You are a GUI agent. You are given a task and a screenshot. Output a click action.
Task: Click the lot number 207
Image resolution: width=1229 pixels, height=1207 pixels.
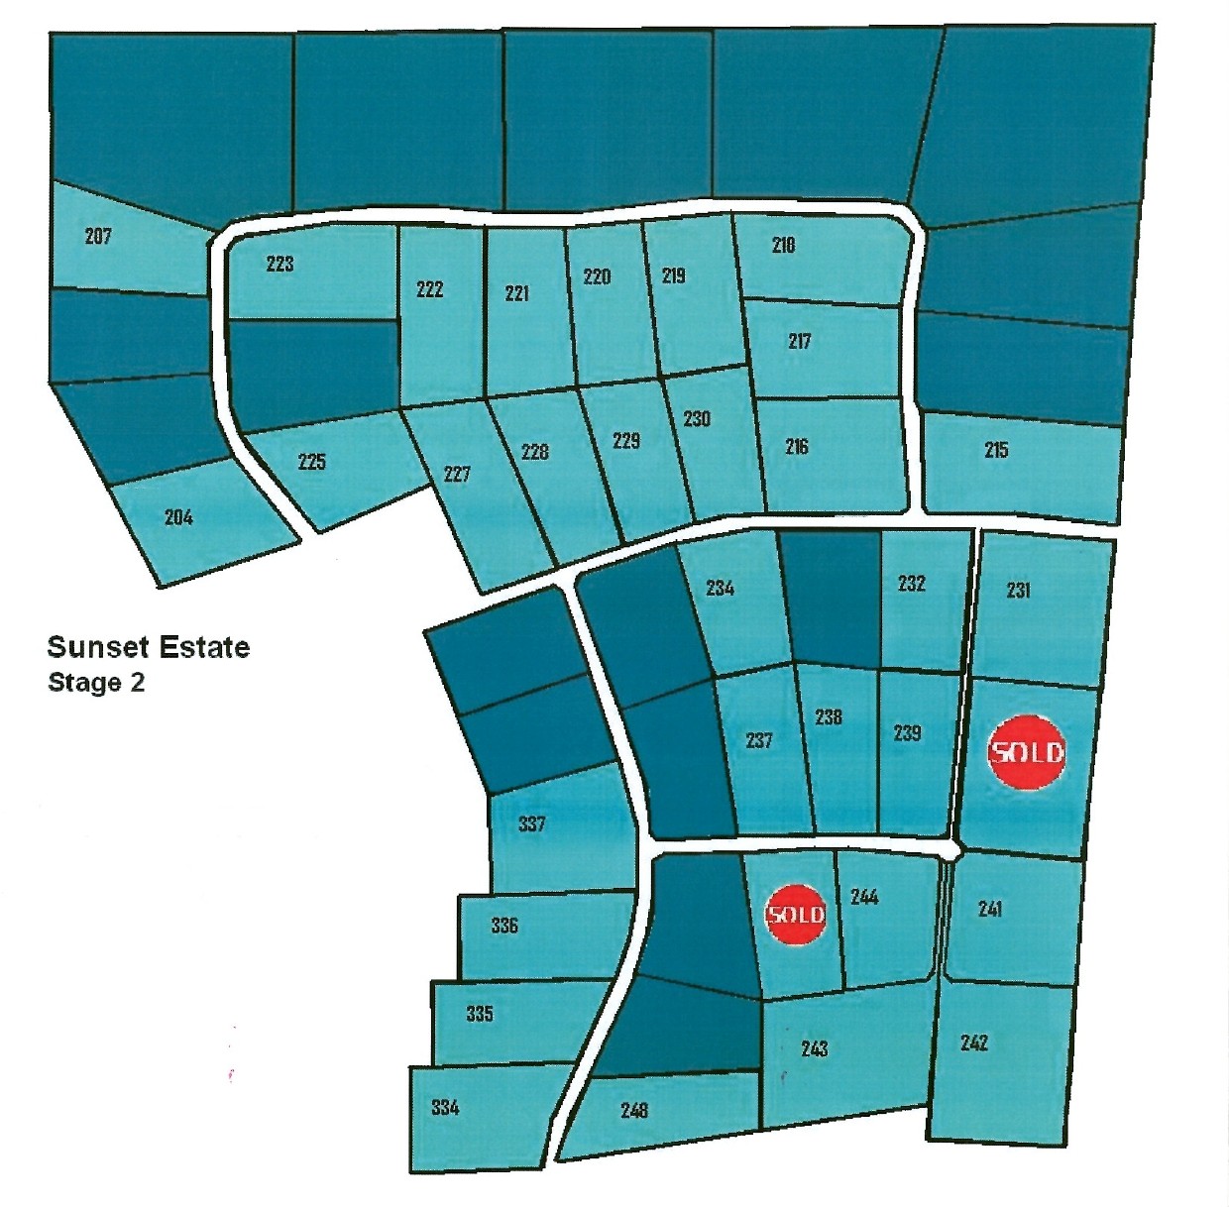point(98,236)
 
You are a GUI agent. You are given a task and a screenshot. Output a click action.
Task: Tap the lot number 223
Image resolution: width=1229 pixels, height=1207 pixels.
point(280,264)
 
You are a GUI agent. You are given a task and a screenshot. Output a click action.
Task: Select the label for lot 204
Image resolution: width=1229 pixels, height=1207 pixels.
point(178,516)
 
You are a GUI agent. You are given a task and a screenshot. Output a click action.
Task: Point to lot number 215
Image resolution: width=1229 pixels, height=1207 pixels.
point(996,450)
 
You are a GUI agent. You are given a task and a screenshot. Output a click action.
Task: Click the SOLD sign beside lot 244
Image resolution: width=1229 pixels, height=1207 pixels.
point(796,913)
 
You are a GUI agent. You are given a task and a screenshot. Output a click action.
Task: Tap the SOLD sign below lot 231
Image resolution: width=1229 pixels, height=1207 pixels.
point(1027,752)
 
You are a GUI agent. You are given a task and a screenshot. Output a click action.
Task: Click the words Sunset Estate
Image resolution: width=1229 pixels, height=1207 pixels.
point(149,647)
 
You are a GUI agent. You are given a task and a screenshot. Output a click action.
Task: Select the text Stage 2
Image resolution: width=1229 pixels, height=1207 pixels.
point(96,683)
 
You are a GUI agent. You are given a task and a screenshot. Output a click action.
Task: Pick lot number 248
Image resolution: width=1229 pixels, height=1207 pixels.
point(634,1110)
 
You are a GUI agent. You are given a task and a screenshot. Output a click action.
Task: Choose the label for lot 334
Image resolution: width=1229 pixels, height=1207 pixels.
point(445,1107)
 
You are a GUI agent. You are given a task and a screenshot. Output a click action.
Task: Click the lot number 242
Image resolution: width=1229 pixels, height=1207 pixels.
point(974,1042)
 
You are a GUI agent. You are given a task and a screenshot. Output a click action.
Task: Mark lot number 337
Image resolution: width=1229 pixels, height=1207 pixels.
point(531,823)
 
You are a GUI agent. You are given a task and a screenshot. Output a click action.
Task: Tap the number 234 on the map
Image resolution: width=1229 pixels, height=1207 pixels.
point(720,588)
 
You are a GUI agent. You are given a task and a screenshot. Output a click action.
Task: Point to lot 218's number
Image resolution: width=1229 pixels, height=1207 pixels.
point(783,245)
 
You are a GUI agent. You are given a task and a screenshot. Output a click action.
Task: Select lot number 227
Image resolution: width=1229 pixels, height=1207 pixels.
point(457,474)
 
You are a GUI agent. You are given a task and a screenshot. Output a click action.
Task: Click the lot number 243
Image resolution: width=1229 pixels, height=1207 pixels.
point(814,1048)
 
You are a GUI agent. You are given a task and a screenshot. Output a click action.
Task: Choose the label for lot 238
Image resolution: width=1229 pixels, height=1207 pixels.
point(829,716)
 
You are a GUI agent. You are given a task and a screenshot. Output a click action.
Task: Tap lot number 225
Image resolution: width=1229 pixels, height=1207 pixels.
point(311,461)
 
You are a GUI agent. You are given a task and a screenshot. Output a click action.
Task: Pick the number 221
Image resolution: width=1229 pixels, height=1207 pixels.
point(516,292)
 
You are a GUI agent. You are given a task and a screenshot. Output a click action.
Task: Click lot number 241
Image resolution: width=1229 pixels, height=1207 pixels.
point(989,909)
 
